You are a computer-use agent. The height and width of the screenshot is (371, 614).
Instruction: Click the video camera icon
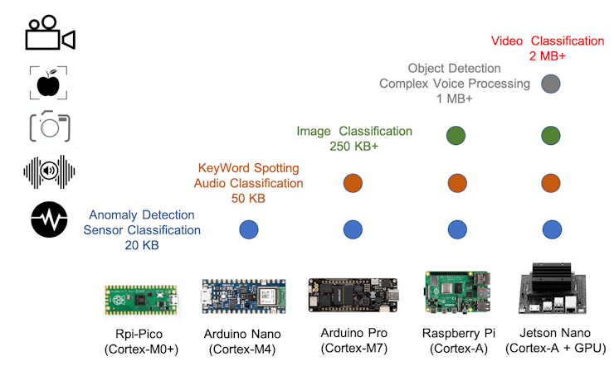(x=50, y=35)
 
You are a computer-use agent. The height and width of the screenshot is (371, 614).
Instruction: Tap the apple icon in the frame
(x=49, y=83)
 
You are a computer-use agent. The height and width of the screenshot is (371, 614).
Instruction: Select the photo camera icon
(x=50, y=127)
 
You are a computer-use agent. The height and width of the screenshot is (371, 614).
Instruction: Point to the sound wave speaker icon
(x=49, y=171)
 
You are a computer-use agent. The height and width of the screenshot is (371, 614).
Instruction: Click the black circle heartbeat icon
(x=49, y=220)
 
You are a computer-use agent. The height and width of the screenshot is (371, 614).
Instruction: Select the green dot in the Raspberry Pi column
(x=455, y=134)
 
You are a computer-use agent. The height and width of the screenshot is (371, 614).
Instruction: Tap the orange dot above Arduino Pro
(x=353, y=182)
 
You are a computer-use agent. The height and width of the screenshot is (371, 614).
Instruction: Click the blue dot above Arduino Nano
(x=248, y=229)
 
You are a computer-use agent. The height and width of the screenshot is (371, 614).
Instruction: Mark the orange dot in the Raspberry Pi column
(x=455, y=182)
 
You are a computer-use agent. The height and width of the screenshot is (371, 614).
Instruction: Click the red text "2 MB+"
(x=547, y=55)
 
